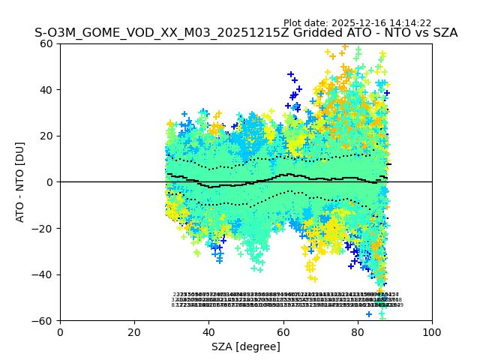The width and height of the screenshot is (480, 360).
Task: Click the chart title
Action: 246,34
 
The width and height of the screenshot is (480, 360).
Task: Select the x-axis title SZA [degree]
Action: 246,346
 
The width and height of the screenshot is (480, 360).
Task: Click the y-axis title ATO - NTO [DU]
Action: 21,182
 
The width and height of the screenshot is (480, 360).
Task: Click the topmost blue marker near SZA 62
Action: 291,74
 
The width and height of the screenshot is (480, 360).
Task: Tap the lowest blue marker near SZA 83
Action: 369,314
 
